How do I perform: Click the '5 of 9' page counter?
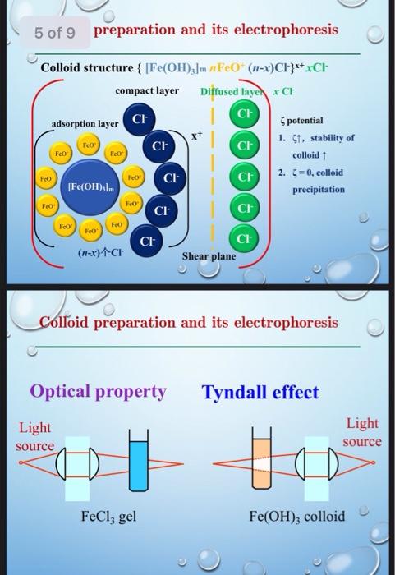click(x=55, y=33)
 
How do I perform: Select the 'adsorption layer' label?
click(x=85, y=123)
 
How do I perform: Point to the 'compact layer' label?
click(x=147, y=89)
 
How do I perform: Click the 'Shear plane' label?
click(x=209, y=256)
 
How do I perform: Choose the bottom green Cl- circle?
click(x=244, y=238)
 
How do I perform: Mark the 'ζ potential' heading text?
click(x=303, y=121)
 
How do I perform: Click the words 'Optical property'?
click(x=98, y=392)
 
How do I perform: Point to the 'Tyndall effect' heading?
click(x=260, y=393)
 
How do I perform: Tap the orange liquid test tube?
click(x=263, y=467)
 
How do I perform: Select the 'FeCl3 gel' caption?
click(x=108, y=517)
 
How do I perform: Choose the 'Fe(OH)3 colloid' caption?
click(x=297, y=517)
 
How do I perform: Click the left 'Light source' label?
click(x=34, y=436)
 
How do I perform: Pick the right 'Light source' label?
click(x=362, y=432)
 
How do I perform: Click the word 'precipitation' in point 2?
click(x=318, y=189)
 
